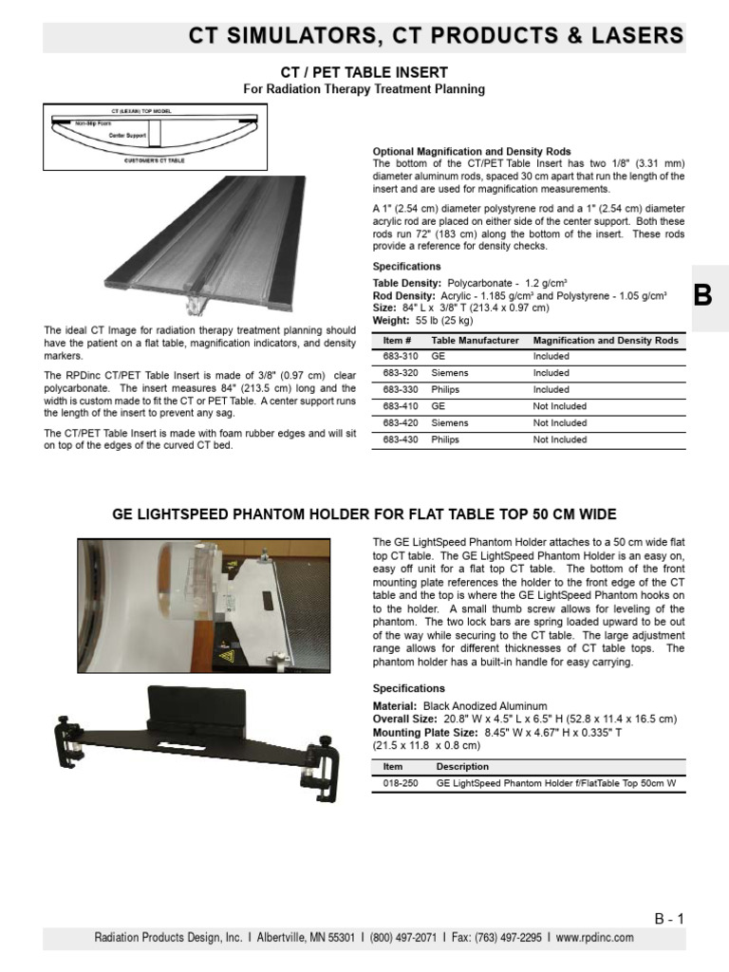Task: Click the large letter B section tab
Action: pos(703,295)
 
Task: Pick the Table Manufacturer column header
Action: pos(475,340)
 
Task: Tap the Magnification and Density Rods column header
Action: pos(606,340)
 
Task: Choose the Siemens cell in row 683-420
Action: pos(450,423)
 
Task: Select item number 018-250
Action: pos(399,784)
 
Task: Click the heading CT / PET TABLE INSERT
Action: pos(364,72)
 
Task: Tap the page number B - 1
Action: pos(669,918)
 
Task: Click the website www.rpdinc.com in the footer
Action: pos(595,938)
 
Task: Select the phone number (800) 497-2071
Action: pos(402,938)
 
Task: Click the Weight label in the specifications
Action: pos(393,321)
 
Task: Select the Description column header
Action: pos(463,766)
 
